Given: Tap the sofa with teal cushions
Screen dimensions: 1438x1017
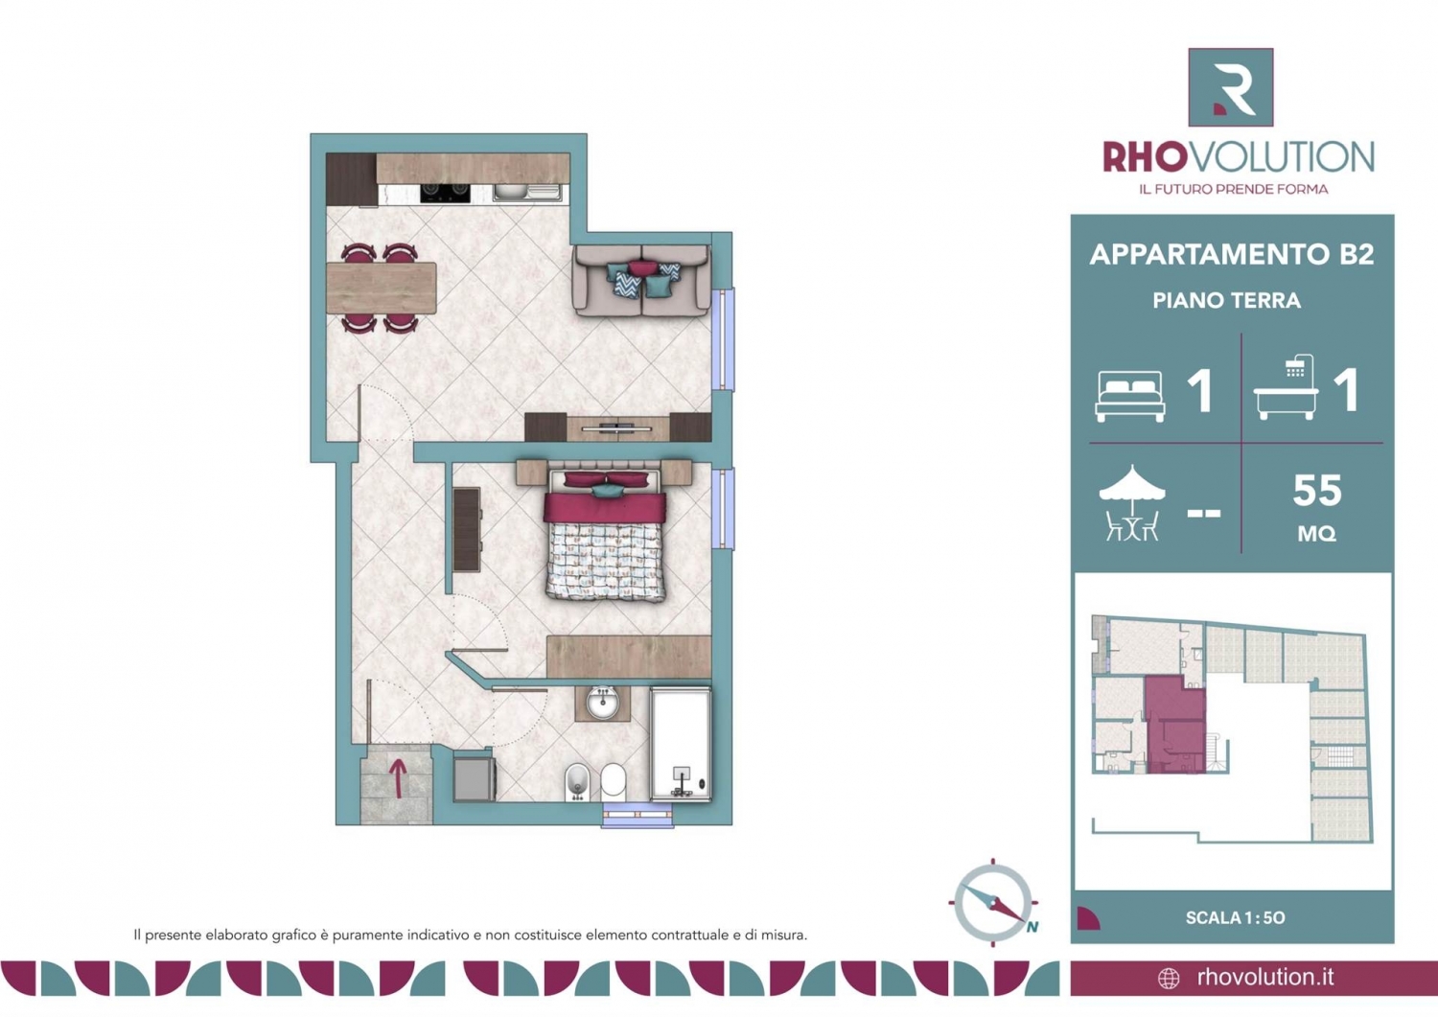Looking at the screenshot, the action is [642, 281].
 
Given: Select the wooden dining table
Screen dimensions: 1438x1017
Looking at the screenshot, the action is [382, 288].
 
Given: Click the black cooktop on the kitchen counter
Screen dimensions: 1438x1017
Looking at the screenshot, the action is [445, 194].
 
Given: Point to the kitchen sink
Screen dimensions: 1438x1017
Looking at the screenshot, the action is [527, 193].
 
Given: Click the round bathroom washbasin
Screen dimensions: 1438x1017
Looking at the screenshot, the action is [603, 703].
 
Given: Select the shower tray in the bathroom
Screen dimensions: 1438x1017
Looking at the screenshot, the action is [681, 744].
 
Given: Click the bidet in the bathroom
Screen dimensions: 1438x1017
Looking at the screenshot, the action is [577, 782].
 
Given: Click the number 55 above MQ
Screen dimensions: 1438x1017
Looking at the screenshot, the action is [1317, 491].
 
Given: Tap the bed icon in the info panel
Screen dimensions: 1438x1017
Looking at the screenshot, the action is [1130, 396].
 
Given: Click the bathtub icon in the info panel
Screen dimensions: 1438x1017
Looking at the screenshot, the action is [1286, 387].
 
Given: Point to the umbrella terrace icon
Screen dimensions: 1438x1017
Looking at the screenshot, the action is [1132, 502].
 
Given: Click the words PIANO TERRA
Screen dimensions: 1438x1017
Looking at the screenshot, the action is [1227, 300].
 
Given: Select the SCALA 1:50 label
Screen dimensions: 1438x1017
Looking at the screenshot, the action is [1235, 918].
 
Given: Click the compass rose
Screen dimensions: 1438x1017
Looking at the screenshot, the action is [993, 903].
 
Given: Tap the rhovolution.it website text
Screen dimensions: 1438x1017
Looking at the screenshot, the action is [1265, 977].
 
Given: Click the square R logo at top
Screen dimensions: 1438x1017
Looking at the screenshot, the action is [1231, 87].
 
